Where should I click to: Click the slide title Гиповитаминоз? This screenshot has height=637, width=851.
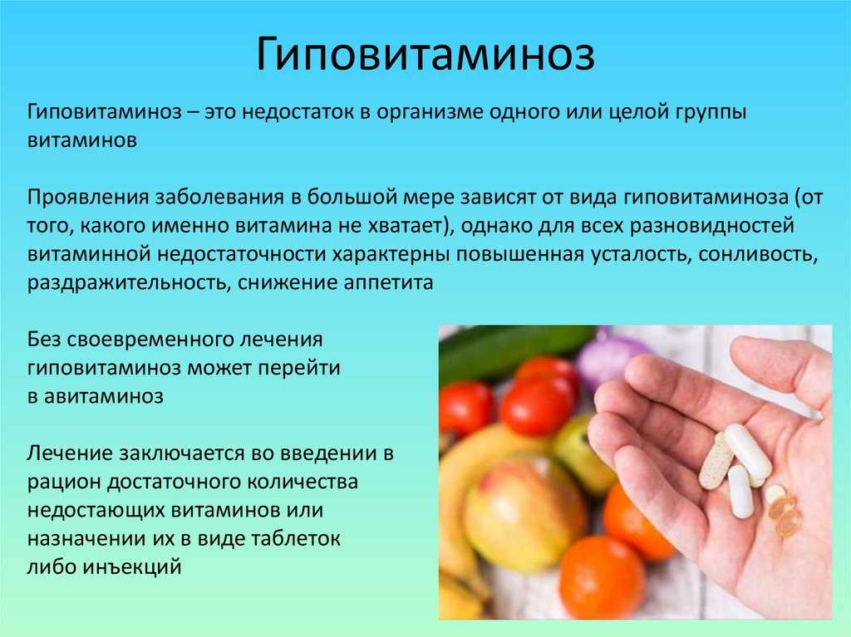(425, 54)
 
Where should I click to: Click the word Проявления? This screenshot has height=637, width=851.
(88, 197)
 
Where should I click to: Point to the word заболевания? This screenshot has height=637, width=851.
(219, 197)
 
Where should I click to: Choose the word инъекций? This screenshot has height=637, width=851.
(132, 567)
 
